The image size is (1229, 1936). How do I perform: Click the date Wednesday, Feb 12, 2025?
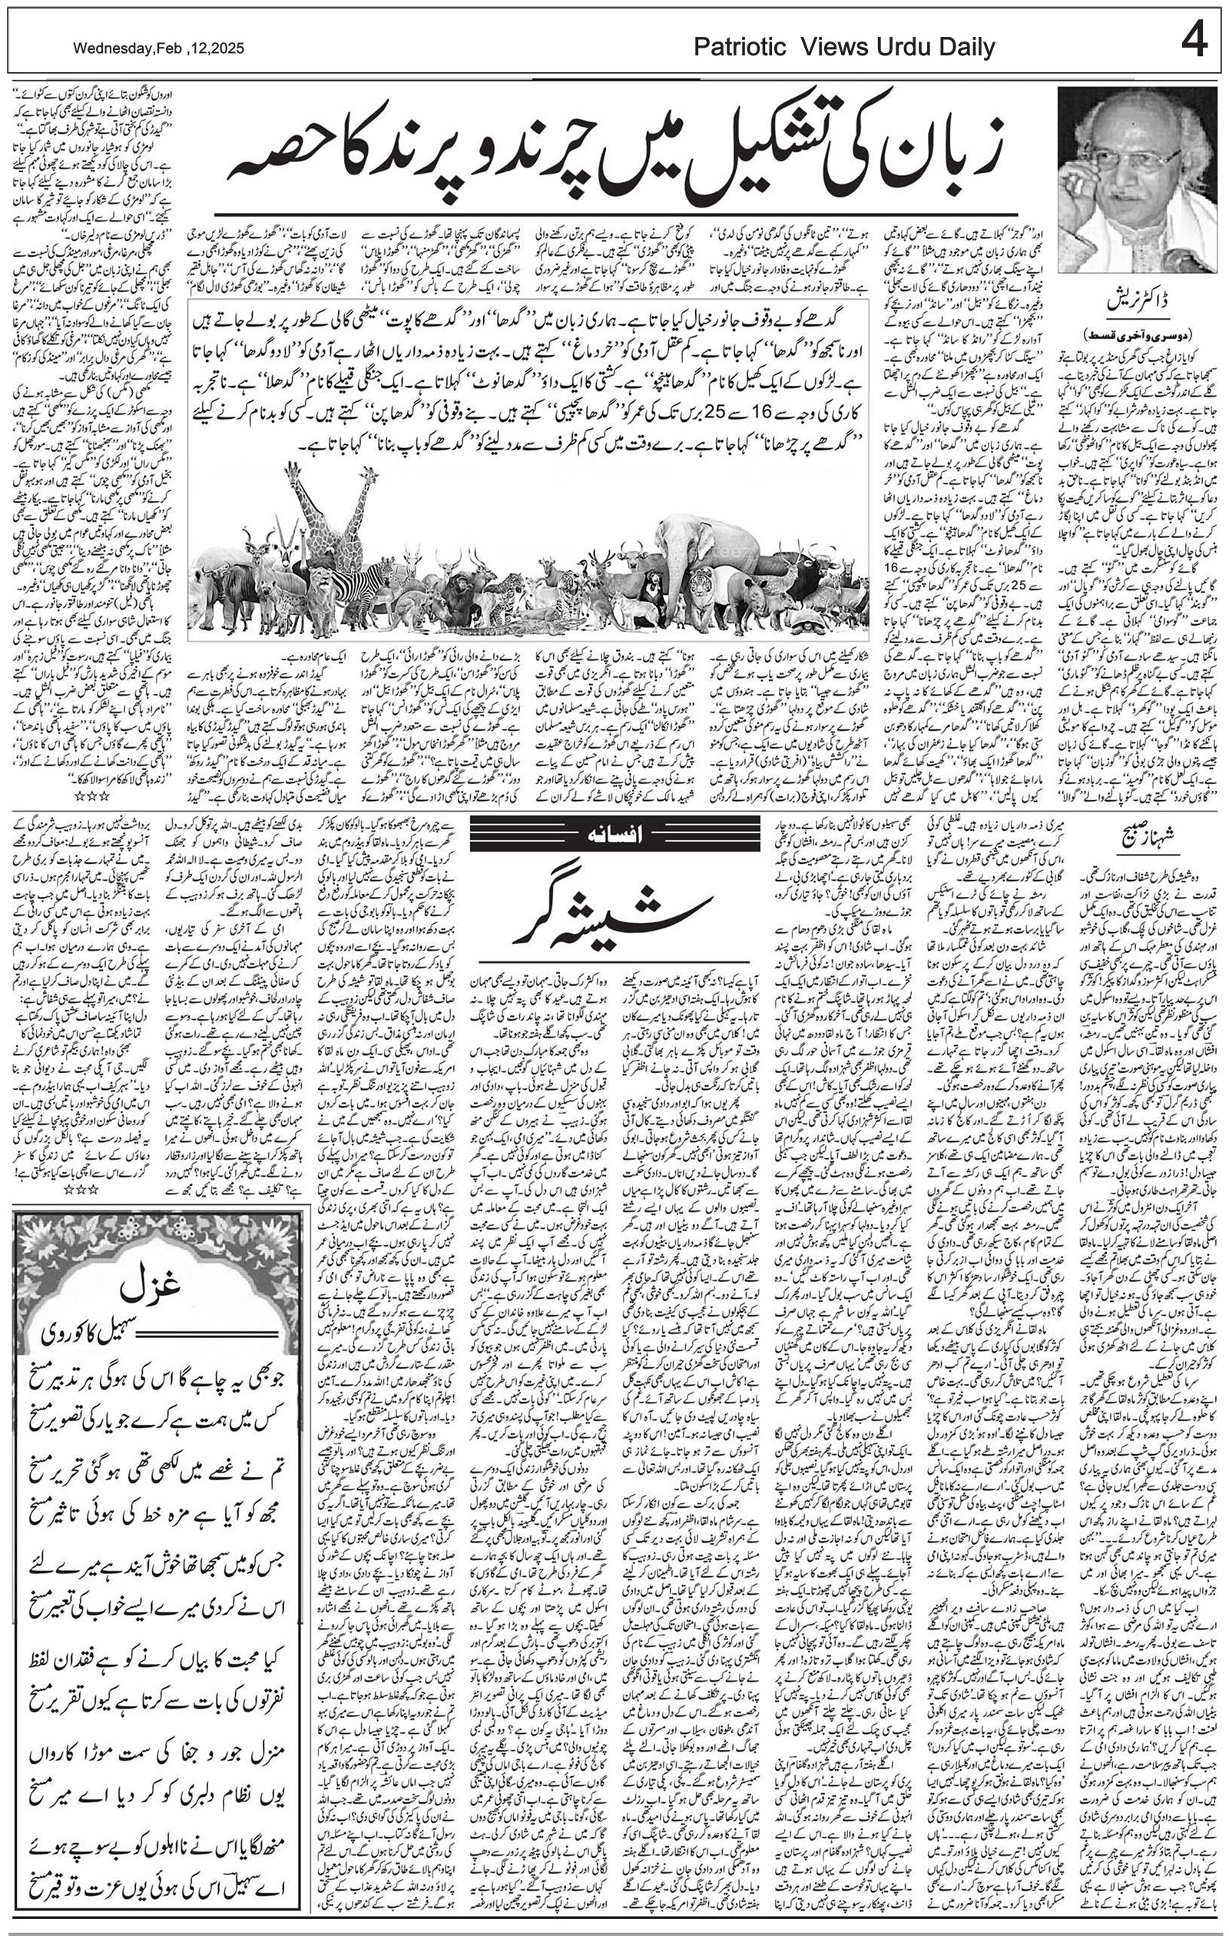point(158,49)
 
